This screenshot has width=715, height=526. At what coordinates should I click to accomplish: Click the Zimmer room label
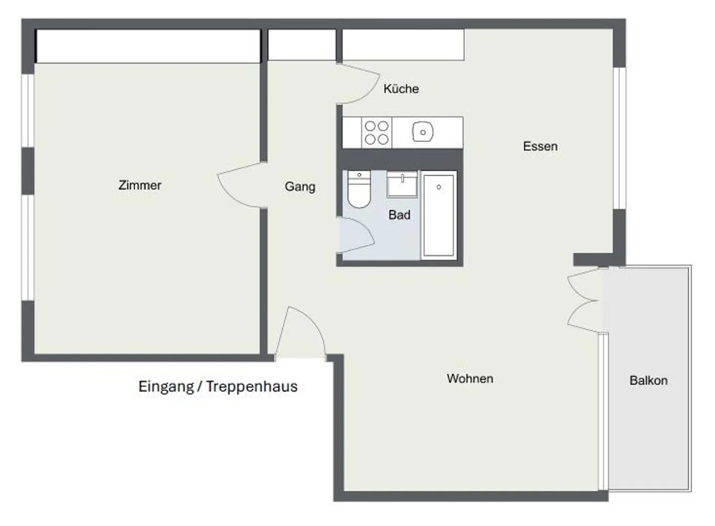[x=140, y=185]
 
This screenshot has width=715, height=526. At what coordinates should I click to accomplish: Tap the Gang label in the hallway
[x=300, y=187]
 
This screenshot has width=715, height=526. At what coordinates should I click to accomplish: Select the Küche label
[x=401, y=89]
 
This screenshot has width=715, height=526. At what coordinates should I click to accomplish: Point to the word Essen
[x=540, y=147]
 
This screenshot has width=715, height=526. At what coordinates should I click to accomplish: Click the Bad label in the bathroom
[x=399, y=215]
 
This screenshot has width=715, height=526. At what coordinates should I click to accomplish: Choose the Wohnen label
[x=470, y=378]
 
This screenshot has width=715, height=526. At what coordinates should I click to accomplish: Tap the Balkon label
[x=648, y=380]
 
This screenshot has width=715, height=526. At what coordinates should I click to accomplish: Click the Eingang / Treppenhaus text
[x=217, y=386]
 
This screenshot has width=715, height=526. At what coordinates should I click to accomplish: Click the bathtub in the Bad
[x=438, y=215]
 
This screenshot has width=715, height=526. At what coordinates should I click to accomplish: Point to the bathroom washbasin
[x=402, y=184]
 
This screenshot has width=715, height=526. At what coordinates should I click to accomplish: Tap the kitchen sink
[x=423, y=133]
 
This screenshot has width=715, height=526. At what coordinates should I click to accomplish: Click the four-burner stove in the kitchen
[x=376, y=133]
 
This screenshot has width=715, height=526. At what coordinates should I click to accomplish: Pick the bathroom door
[x=355, y=236]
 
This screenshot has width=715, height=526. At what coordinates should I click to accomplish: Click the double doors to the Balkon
[x=584, y=300]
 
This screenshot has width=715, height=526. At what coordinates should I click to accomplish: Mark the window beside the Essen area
[x=619, y=138]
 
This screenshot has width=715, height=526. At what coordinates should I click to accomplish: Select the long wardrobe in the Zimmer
[x=148, y=46]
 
